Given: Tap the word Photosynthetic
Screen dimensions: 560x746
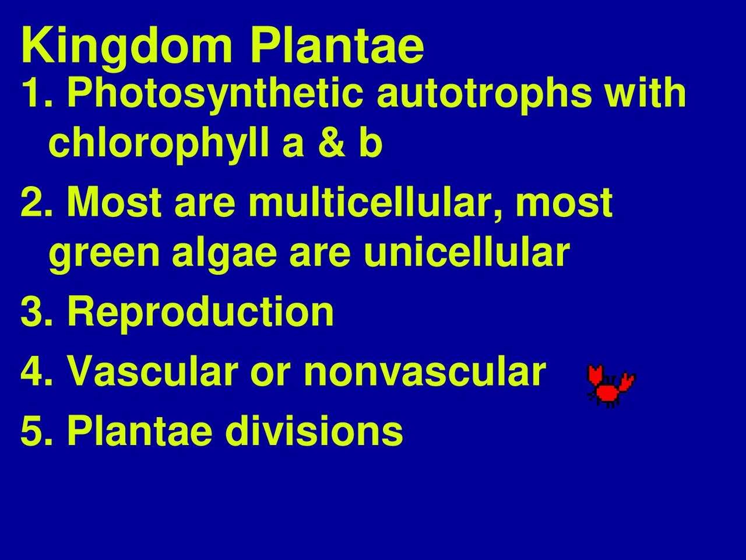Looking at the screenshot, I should tap(216, 93).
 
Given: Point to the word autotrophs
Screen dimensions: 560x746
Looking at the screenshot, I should tap(484, 93).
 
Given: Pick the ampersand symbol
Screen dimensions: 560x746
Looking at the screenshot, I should tap(332, 143).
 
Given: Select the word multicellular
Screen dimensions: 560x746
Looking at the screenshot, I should tap(376, 202).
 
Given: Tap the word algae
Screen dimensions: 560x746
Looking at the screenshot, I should tap(224, 254).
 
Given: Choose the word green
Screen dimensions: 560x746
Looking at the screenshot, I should tap(104, 254).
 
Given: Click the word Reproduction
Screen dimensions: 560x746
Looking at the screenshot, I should tap(200, 311).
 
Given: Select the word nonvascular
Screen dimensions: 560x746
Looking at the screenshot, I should tap(425, 372).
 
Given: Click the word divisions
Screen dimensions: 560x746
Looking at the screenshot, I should tap(314, 431).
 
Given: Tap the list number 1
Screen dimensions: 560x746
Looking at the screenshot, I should tap(34, 93).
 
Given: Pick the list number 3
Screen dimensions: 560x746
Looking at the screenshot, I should tap(34, 311).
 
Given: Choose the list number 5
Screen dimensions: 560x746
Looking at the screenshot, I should tap(34, 431).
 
